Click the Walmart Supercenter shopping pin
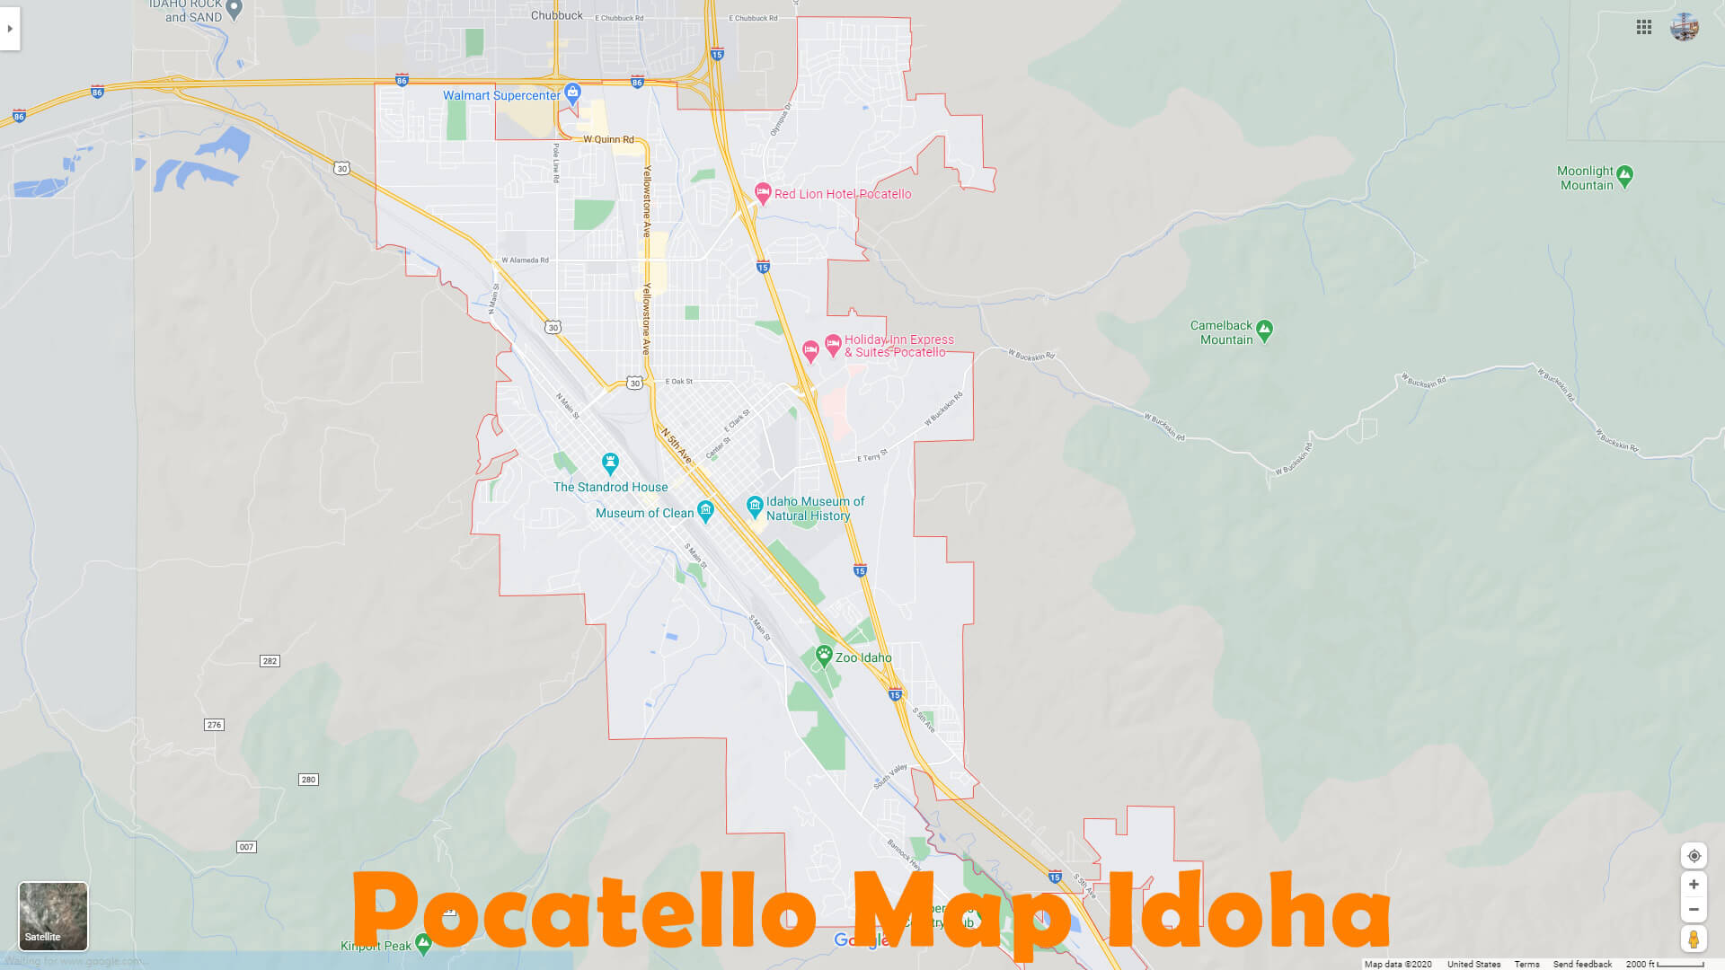click(x=572, y=93)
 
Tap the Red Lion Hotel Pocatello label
click(x=842, y=194)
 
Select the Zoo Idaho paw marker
click(x=824, y=656)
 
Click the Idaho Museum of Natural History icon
click(x=755, y=506)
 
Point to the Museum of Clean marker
click(x=705, y=511)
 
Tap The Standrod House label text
click(x=610, y=487)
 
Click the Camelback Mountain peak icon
click(x=1264, y=331)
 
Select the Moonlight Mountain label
click(x=1586, y=178)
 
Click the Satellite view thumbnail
click(x=53, y=916)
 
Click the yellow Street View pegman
click(x=1694, y=939)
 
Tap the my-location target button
click(x=1694, y=856)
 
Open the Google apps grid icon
click(x=1644, y=27)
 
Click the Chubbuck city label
click(x=556, y=15)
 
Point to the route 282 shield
click(x=270, y=661)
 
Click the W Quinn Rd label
click(x=608, y=139)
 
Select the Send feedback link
click(x=1582, y=964)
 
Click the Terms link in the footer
click(x=1526, y=964)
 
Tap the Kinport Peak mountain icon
click(x=423, y=943)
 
